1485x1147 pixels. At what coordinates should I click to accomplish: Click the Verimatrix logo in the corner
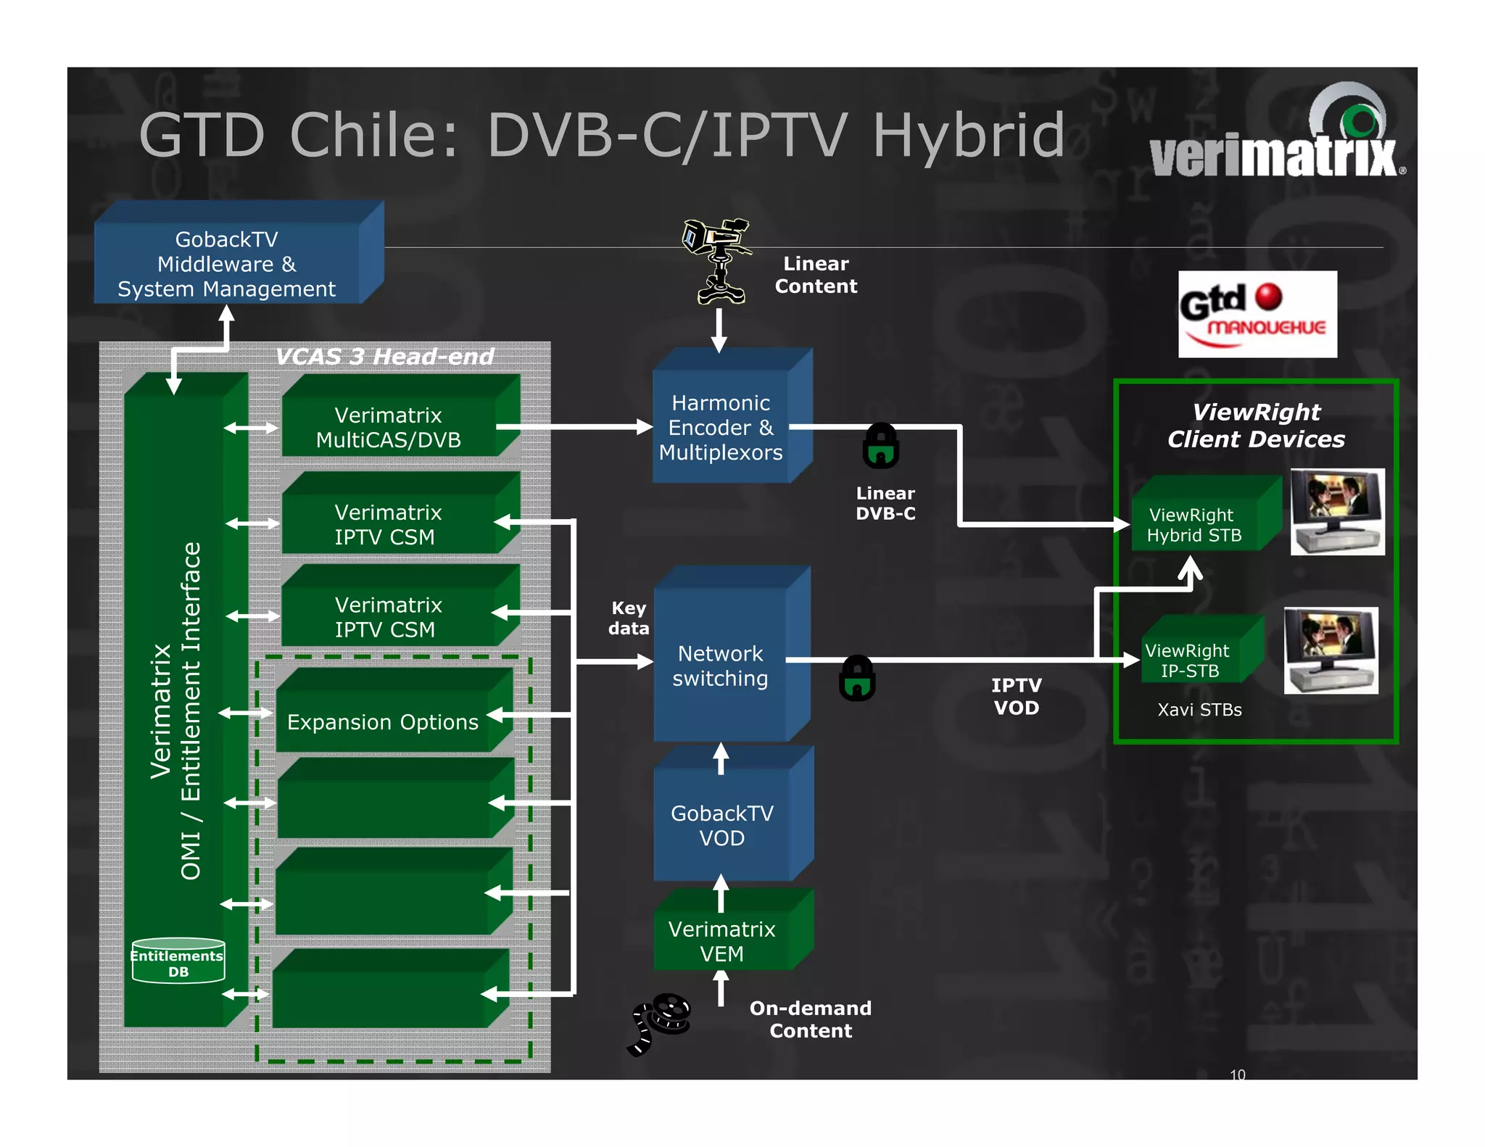1276,134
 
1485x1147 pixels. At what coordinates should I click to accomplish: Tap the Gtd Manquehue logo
1257,314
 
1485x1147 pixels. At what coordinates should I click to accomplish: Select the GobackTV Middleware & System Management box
227,264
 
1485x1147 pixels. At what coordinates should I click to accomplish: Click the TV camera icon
717,260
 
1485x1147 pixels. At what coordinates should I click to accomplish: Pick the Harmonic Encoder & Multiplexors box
721,428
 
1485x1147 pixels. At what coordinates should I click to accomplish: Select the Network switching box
721,666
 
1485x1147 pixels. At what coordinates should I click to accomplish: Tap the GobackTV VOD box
722,825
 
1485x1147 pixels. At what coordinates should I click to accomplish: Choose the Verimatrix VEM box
722,940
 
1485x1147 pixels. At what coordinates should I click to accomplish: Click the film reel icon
659,1022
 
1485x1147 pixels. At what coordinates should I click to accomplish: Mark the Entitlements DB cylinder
178,961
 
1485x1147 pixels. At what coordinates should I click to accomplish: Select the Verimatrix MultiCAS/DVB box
389,427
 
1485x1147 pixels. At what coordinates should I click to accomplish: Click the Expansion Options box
384,721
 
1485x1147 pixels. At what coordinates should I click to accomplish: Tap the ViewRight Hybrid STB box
1195,524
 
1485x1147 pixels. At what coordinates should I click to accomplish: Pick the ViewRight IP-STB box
1188,660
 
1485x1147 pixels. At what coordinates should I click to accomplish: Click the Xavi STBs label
1199,710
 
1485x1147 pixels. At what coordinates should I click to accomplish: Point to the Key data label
629,618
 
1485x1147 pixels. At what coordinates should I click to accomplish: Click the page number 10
1237,1074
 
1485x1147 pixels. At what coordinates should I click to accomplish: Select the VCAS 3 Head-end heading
384,357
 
